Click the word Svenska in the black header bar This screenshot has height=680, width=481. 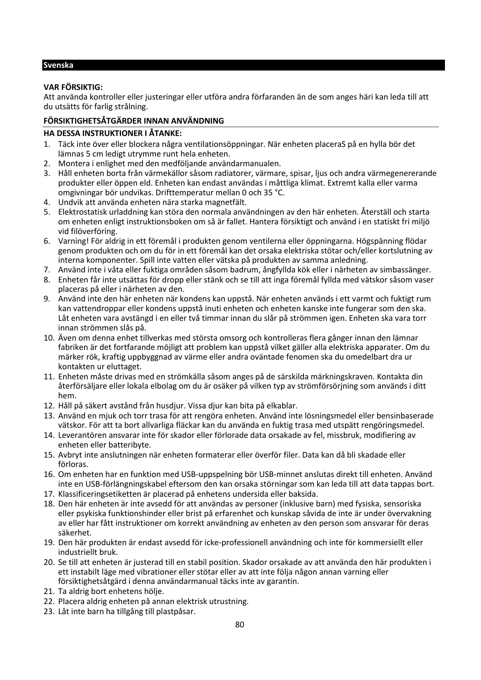point(58,65)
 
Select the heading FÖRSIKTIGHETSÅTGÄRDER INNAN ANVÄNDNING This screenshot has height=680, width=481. point(133,121)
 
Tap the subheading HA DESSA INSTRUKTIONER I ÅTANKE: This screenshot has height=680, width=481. point(112,134)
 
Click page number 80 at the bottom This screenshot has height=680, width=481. point(240,624)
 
